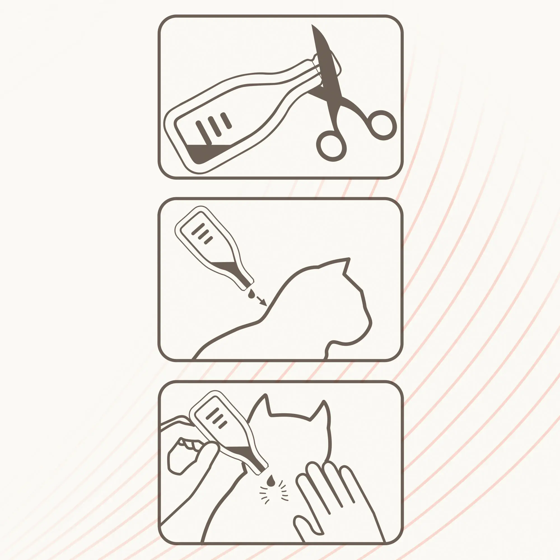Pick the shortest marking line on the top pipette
coord(226,121)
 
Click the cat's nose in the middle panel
coord(370,322)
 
